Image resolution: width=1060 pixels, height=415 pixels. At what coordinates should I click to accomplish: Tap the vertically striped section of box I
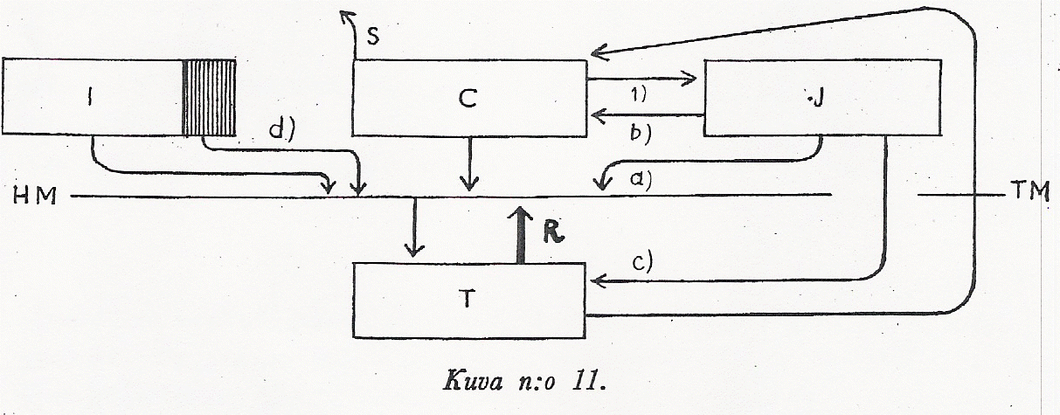click(x=209, y=97)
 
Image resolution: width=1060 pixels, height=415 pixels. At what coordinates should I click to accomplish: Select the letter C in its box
click(x=468, y=99)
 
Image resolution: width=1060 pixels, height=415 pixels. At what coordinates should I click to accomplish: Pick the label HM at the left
click(x=35, y=197)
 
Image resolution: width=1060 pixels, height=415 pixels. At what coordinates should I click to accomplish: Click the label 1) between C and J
click(x=638, y=94)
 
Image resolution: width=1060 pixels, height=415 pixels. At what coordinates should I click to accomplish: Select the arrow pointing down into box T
click(x=416, y=227)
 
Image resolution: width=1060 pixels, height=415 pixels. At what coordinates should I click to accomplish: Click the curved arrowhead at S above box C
click(x=346, y=16)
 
